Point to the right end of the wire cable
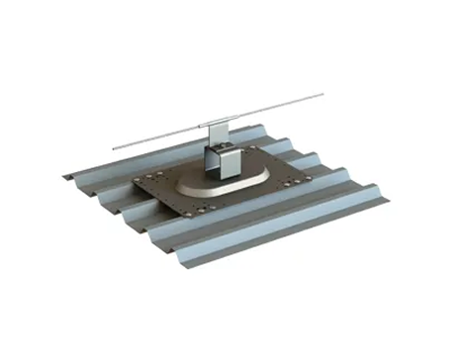(323, 96)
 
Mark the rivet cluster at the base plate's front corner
(201, 211)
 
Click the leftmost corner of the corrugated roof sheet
(66, 178)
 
